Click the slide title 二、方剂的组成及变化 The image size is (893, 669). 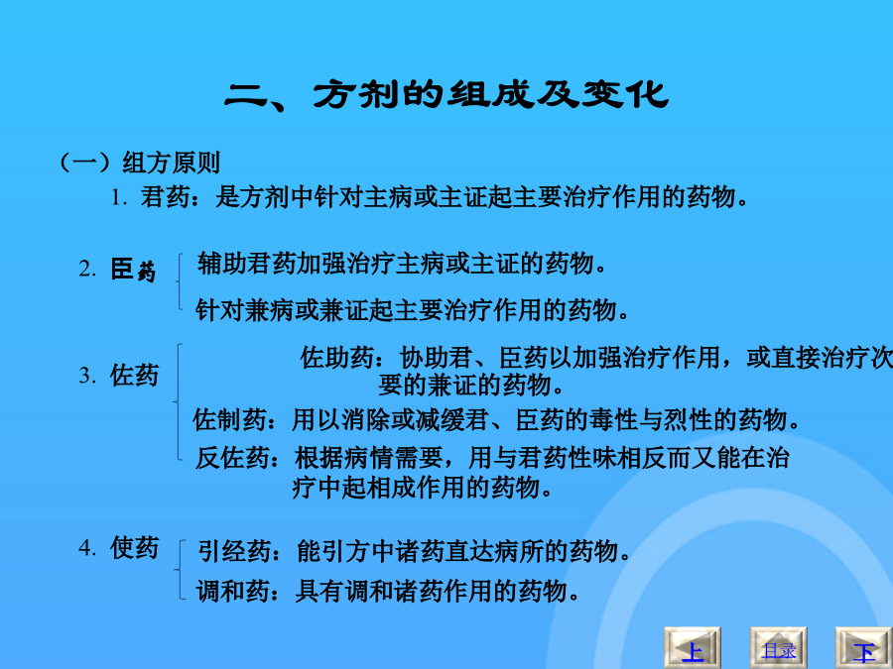pos(446,94)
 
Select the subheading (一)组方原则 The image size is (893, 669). pos(140,163)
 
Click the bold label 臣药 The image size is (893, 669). pos(133,269)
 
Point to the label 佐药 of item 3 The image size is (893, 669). pos(134,376)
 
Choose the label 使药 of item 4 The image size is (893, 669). pos(134,547)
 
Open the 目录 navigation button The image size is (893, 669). pos(779,648)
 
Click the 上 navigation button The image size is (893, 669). pos(693,648)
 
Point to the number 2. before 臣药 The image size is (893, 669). pos(87,269)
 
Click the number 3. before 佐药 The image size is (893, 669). pos(87,376)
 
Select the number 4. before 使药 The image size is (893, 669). pos(87,547)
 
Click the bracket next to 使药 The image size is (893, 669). pos(179,570)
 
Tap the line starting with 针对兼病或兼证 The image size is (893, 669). pos(413,310)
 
